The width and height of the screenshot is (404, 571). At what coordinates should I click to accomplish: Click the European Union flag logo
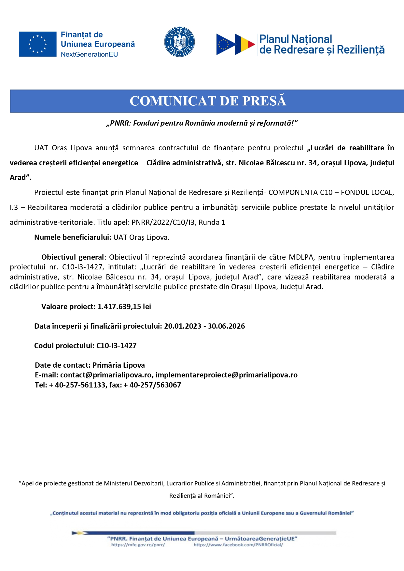[37, 44]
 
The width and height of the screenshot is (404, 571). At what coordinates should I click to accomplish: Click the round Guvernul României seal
[179, 42]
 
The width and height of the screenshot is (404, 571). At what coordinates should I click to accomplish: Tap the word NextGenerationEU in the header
[89, 54]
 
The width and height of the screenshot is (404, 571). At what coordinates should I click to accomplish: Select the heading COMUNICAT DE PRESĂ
[208, 101]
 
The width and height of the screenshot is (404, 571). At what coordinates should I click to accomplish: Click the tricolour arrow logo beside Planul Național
[235, 44]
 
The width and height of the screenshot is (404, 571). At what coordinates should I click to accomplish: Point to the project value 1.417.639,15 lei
[124, 307]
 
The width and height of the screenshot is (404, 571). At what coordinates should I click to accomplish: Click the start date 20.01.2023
[183, 326]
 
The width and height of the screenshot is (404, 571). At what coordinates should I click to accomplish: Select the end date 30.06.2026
[226, 326]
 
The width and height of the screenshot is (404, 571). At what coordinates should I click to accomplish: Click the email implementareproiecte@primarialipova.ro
[227, 375]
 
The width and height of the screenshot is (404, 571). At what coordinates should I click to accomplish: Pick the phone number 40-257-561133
[80, 385]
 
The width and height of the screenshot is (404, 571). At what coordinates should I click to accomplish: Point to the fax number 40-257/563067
[155, 385]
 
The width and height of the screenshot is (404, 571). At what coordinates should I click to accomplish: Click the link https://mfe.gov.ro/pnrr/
[138, 545]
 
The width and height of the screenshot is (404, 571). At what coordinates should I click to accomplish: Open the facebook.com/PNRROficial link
[238, 545]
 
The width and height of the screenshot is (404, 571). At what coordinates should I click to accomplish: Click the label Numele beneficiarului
[73, 238]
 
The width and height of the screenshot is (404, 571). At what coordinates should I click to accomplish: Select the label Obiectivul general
[73, 257]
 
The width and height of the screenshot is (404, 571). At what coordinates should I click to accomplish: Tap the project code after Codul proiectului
[117, 346]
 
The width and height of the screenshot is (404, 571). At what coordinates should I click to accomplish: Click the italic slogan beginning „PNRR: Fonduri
[202, 123]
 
